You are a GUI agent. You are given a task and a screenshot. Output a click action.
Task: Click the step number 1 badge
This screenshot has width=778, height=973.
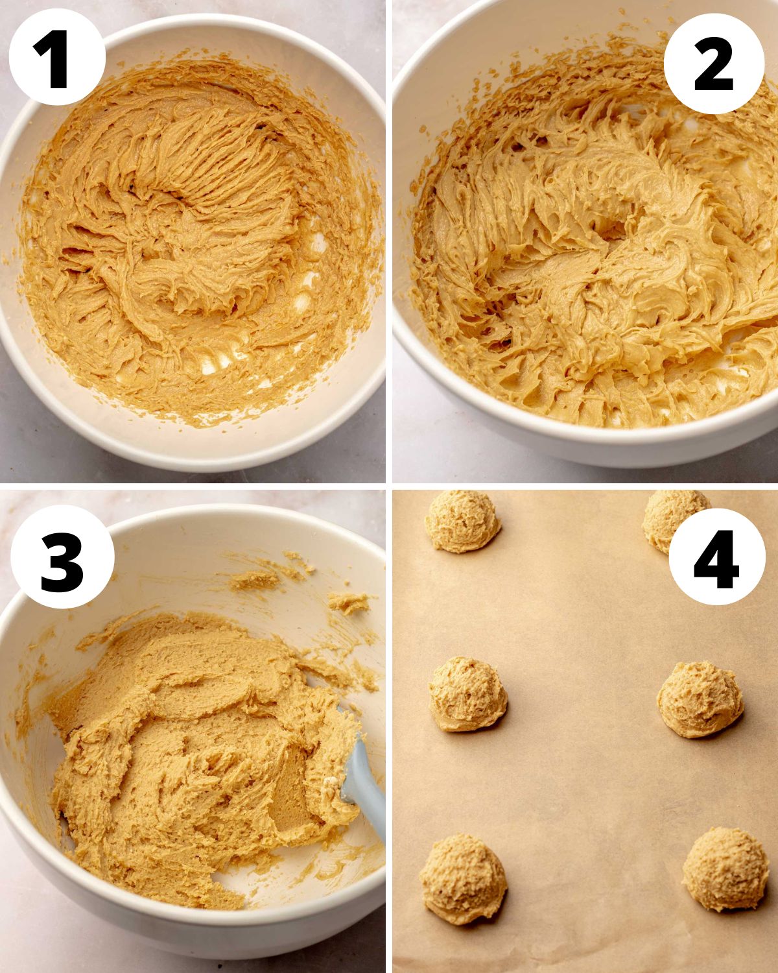point(57,57)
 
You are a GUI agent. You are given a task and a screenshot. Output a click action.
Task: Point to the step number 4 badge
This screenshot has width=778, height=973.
point(716,556)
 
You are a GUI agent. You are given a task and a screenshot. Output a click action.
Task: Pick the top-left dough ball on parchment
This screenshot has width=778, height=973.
point(462,521)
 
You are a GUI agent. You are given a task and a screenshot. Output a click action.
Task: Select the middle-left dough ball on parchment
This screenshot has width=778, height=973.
point(467,694)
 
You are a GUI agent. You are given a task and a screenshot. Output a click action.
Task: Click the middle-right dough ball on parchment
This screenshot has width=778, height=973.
point(700,699)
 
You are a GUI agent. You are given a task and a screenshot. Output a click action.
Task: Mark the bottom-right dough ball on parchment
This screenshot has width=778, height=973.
point(725,869)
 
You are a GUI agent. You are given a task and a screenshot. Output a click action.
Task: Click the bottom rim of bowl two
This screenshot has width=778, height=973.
point(583,448)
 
